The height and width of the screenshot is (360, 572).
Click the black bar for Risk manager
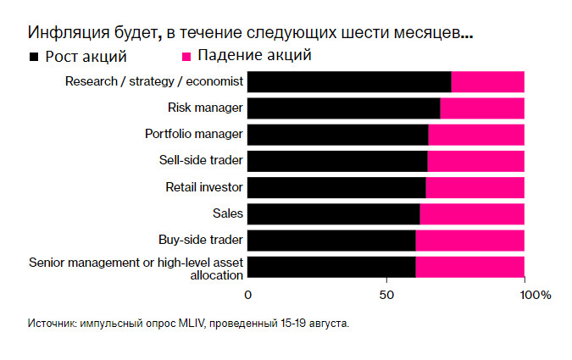click(x=343, y=108)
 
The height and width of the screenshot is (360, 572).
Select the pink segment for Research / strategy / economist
click(x=487, y=81)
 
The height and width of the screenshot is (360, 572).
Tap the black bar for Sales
click(x=333, y=213)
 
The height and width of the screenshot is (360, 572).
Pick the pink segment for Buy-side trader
click(x=469, y=241)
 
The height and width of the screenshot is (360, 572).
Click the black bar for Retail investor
click(x=336, y=187)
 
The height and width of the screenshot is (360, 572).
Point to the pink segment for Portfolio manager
click(x=476, y=134)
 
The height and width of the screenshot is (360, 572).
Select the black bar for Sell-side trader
click(x=337, y=161)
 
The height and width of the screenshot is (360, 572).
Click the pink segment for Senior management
click(x=469, y=267)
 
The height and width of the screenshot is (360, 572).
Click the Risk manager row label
click(x=206, y=108)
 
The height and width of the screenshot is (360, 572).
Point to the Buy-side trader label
click(x=201, y=240)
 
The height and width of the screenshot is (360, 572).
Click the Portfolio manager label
click(x=194, y=134)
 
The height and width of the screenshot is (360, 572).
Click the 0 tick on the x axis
click(x=247, y=295)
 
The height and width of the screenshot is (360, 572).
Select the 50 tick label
click(x=386, y=295)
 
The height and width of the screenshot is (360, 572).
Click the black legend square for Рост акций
click(x=34, y=58)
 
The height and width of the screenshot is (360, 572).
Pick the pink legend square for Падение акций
click(x=186, y=58)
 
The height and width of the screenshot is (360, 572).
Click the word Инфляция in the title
click(x=64, y=34)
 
